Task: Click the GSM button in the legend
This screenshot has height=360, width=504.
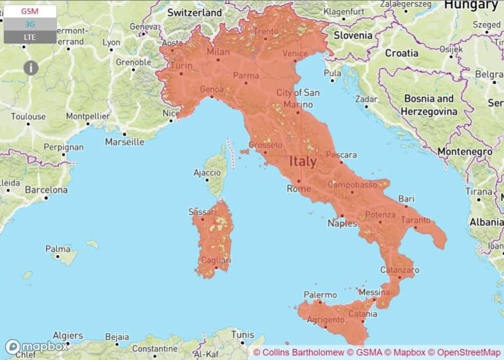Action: (x=30, y=11)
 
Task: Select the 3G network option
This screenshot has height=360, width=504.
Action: (x=30, y=24)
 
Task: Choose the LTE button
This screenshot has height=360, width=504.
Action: (x=30, y=37)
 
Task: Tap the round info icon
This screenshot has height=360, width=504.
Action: (x=31, y=67)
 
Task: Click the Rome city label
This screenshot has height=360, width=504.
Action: (x=298, y=189)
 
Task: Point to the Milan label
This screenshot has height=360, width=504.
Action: (x=218, y=52)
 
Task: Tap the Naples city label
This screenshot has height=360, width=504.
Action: (x=342, y=224)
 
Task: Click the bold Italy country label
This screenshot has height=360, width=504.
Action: (x=303, y=161)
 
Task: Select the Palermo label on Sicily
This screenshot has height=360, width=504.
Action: (x=320, y=295)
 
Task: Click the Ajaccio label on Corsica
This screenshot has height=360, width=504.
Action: (x=207, y=172)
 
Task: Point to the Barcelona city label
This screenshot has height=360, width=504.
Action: (x=46, y=190)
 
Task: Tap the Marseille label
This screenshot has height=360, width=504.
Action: (x=124, y=142)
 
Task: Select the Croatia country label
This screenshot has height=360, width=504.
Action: (x=401, y=52)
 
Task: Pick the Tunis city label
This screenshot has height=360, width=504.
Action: (x=242, y=334)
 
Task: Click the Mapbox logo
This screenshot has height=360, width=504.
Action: (x=36, y=347)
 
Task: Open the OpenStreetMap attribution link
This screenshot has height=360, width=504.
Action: (x=466, y=352)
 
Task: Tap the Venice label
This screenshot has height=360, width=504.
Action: (x=295, y=53)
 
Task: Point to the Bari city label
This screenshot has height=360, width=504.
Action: (x=406, y=198)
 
